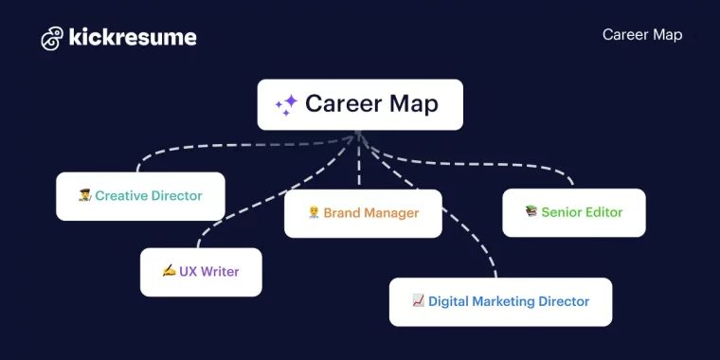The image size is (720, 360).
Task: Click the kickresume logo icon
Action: click(52, 38)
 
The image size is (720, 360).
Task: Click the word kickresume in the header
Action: click(132, 38)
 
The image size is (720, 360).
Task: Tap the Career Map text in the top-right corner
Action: click(641, 35)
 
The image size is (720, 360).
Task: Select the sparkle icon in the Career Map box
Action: click(286, 104)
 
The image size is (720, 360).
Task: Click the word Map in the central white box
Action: click(412, 104)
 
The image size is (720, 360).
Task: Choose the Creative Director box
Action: click(140, 196)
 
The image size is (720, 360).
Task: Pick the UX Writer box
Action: click(201, 272)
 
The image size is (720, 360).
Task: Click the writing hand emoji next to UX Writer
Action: click(169, 271)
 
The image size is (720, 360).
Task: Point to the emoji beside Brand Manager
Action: click(314, 213)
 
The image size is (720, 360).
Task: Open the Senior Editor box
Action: click(573, 212)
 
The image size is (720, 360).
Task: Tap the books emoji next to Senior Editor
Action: click(531, 211)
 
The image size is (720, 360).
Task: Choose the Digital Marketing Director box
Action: click(500, 301)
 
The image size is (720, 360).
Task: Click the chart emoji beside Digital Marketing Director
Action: click(418, 300)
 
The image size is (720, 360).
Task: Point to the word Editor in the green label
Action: click(603, 212)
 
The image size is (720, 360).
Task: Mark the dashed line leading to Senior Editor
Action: click(512, 163)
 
